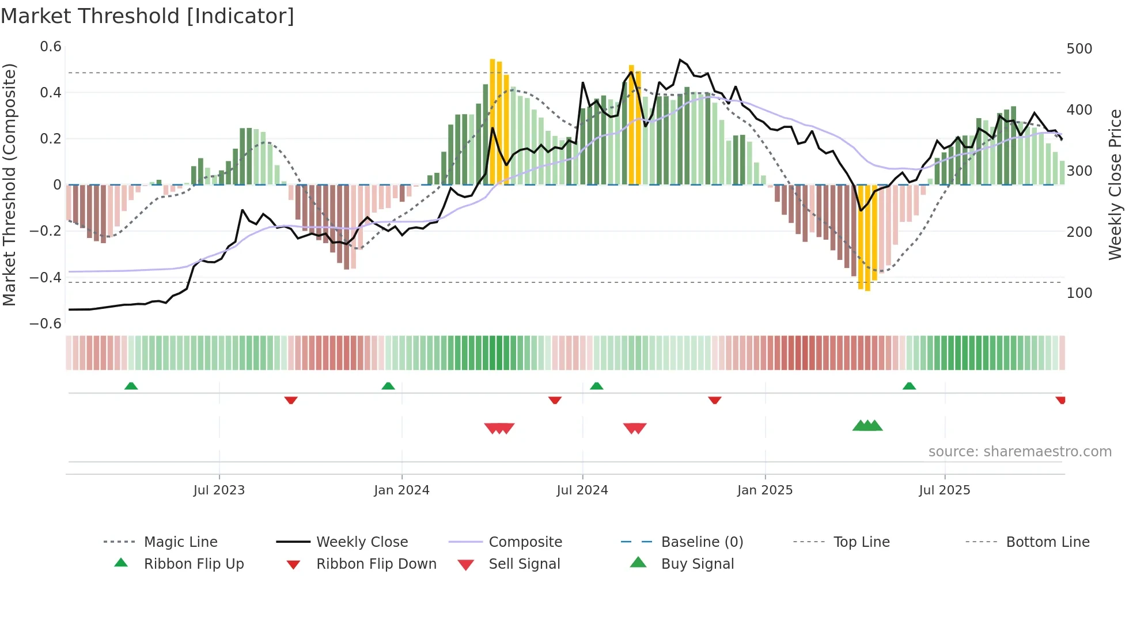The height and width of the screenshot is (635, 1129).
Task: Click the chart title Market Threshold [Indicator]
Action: [147, 16]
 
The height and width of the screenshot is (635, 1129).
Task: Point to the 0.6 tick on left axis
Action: [50, 47]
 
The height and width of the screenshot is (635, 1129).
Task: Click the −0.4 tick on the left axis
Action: [46, 277]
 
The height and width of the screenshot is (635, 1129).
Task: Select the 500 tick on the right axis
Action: [1079, 49]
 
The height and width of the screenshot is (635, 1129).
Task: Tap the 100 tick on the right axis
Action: [1079, 293]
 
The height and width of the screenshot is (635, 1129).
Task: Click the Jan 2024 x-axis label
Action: [401, 490]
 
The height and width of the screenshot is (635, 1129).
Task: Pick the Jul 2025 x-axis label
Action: [944, 490]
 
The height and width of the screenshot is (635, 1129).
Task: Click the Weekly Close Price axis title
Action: [1115, 184]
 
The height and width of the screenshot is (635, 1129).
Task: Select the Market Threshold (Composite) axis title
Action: [9, 184]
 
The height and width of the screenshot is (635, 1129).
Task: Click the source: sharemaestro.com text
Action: [1020, 452]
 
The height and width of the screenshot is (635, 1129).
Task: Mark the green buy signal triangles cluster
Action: [867, 426]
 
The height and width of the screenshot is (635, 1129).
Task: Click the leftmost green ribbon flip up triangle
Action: [131, 386]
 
